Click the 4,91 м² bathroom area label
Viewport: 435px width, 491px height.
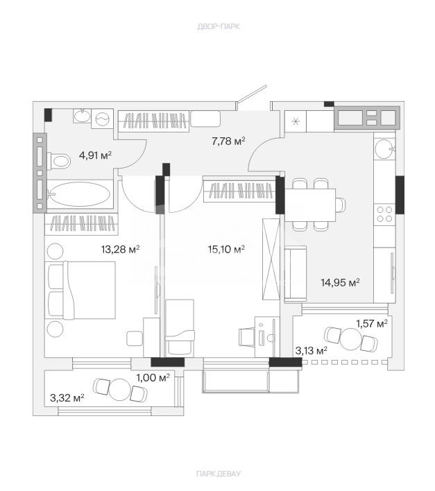95,155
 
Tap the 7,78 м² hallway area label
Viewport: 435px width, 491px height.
228,141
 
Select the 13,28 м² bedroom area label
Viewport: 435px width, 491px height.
120,249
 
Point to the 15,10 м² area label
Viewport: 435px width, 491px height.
226,249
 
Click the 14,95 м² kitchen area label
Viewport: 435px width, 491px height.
340,283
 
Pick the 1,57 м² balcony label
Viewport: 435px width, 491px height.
372,323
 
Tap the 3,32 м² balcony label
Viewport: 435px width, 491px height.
67,398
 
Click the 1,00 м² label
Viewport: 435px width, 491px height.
153,378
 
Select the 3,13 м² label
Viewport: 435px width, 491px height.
312,351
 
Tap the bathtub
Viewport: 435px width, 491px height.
80,194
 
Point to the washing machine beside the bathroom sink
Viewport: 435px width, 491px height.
102,119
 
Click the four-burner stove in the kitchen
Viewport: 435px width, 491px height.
384,214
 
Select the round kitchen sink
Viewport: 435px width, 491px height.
384,149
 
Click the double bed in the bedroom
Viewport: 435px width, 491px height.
80,290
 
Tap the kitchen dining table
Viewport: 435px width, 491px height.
310,205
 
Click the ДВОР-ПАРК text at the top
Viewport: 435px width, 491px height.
219,26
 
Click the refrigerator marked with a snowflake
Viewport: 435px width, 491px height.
296,121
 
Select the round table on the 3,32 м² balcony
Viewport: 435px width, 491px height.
119,390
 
